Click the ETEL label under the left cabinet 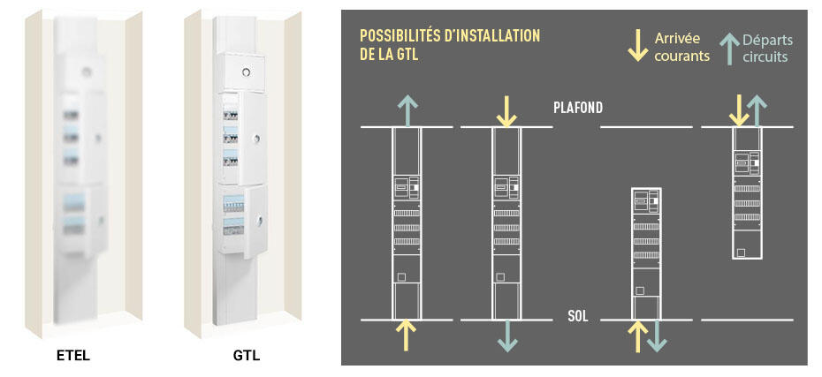coord(73,357)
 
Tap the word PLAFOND coord(578,108)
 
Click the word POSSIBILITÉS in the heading coord(397,36)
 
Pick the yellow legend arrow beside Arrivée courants coord(636,46)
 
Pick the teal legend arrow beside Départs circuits coord(728,48)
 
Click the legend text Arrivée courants coord(681,47)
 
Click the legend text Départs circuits coord(766,48)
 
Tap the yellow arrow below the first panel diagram coord(405,336)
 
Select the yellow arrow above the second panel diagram coord(506,110)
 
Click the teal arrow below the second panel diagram coord(506,336)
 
